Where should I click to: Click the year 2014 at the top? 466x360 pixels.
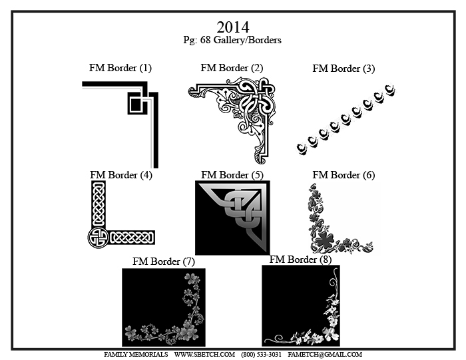coord(233,27)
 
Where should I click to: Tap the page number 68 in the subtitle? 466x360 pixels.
coord(205,40)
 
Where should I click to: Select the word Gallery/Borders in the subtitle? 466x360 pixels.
coord(247,40)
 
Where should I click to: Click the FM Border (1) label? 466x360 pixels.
coord(120,68)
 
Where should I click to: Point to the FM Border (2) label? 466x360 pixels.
coord(232,68)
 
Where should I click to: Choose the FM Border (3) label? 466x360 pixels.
coord(344,69)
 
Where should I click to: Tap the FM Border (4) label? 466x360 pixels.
coord(121,175)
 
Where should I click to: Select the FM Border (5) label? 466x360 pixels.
coord(232,175)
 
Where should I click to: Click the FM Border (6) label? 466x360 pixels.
coord(344,175)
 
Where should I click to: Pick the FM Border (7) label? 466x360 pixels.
coord(164,262)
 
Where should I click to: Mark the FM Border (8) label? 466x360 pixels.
coord(300,260)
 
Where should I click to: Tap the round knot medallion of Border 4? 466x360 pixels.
coord(98,238)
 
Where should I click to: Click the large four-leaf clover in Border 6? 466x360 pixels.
coord(324,239)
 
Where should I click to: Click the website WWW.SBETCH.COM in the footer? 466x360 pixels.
coord(204,355)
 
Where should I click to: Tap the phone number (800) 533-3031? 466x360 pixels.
coord(261,355)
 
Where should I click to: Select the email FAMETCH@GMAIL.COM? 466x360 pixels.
coord(325,355)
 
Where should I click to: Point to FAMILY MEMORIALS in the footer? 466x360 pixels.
coord(136,355)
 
